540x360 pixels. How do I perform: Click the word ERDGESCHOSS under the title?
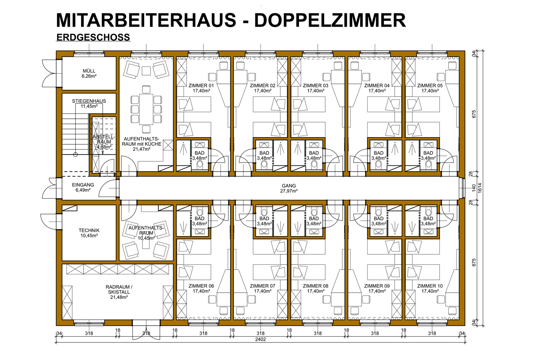(93, 37)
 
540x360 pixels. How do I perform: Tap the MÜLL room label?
(89, 71)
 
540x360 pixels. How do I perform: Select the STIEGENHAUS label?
(89, 101)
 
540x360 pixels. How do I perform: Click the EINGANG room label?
(83, 185)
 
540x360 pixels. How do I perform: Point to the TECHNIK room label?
(89, 230)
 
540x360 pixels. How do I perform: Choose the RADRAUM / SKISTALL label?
(119, 289)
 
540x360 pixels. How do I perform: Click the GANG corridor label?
(289, 186)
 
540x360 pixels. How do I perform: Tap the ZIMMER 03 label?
(316, 86)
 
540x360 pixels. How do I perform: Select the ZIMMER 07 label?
(263, 286)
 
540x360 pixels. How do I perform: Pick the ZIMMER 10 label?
(430, 286)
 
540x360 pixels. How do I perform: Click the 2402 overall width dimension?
(260, 339)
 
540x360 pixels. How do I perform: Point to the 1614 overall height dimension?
(480, 188)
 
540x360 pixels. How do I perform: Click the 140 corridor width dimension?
(474, 188)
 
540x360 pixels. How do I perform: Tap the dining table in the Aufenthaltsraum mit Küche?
(146, 109)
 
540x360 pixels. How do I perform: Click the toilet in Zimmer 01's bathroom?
(200, 165)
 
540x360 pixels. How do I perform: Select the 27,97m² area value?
(289, 191)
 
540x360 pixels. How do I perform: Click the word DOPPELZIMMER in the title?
(330, 20)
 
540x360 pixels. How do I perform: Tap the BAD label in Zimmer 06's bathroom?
(200, 219)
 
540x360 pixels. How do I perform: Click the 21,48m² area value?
(119, 297)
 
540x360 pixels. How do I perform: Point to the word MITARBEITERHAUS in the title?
(146, 20)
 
